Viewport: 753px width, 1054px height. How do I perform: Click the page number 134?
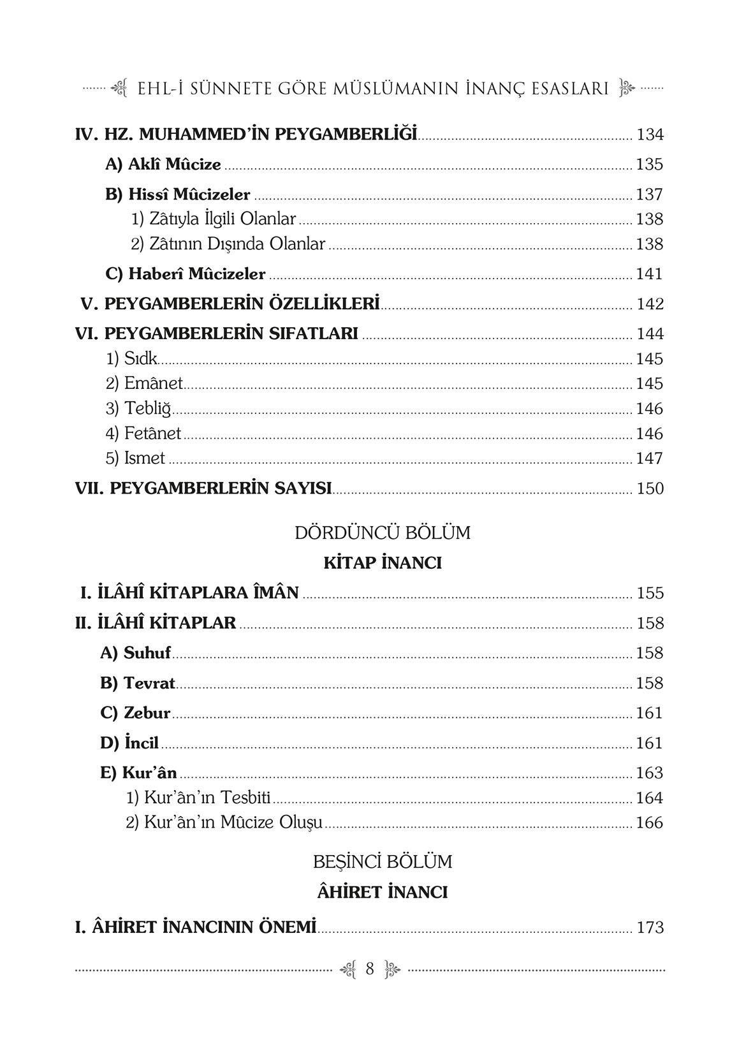click(x=650, y=135)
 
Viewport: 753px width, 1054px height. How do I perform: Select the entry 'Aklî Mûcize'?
click(x=163, y=165)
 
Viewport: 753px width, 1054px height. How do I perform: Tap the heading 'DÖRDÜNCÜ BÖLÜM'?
click(x=383, y=533)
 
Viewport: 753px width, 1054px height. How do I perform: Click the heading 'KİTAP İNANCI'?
click(x=383, y=563)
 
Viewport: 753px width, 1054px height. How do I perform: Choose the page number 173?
click(x=650, y=928)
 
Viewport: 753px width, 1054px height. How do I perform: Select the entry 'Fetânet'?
click(x=143, y=434)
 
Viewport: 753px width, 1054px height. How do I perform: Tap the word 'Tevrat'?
click(x=149, y=683)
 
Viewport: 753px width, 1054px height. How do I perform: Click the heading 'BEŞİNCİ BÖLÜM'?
click(x=383, y=862)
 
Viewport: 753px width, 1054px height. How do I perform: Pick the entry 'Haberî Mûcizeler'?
click(x=186, y=274)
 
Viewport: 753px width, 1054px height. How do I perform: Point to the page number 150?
click(x=650, y=489)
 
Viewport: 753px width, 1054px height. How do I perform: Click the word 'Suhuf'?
click(x=147, y=653)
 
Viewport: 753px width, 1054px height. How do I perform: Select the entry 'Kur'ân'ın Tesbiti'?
click(x=198, y=798)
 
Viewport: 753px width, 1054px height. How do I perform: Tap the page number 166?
click(x=650, y=823)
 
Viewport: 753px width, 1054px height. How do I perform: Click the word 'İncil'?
click(x=141, y=743)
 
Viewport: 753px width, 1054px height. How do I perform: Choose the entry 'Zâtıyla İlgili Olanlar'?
click(x=214, y=219)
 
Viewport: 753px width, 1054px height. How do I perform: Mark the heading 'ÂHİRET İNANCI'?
click(x=383, y=892)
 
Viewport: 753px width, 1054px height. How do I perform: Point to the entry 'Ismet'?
click(x=136, y=458)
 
